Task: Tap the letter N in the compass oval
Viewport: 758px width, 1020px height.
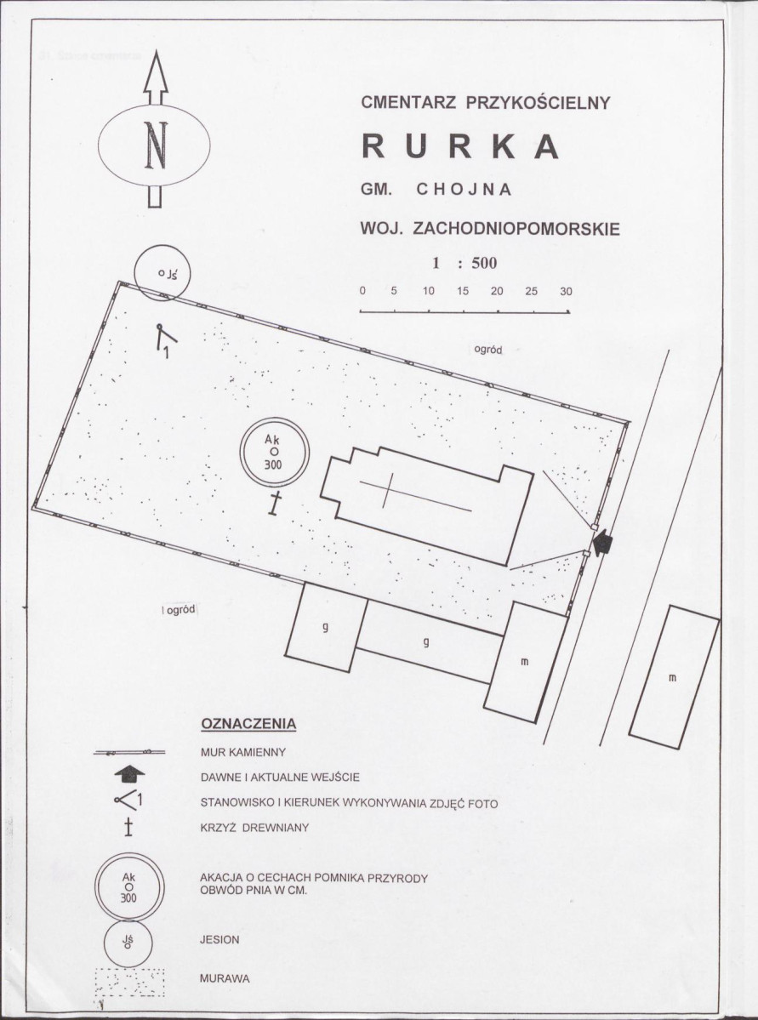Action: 156,145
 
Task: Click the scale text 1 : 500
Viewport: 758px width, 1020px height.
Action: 464,263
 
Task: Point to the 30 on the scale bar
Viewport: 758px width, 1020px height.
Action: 566,292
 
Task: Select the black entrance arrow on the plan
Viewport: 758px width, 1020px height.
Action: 603,542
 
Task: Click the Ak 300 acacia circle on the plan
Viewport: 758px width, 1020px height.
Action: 275,452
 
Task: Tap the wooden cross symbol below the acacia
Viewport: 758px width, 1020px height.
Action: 276,504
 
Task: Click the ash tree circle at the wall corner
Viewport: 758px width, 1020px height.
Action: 162,272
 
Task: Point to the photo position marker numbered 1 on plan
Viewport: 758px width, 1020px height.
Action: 165,339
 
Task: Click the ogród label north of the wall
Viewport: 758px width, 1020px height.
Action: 488,350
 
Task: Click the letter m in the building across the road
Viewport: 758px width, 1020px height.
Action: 673,679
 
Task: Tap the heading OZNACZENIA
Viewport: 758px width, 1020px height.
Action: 248,724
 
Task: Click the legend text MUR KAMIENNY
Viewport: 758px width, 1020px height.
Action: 243,753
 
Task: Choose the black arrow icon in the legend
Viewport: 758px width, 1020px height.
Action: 129,773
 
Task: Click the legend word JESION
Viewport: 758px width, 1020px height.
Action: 219,940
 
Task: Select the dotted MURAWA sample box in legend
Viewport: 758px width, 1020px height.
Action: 129,983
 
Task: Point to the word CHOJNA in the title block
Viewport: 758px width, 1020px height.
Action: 464,190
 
